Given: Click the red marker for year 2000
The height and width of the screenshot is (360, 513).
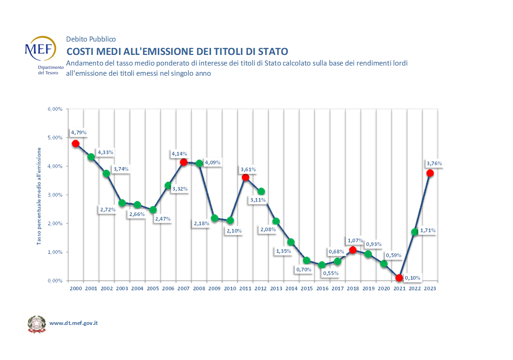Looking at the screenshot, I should pos(76,144).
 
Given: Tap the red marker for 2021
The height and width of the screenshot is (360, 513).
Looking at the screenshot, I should pos(399,278).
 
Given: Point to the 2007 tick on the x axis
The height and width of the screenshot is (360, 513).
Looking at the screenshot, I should pos(183,288).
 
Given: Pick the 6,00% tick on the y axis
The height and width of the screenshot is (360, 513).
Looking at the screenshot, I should pos(54,109).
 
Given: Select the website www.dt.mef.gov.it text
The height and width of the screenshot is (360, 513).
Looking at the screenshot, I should pos(73,323).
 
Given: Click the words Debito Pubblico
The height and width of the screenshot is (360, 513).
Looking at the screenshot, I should pos(91,39).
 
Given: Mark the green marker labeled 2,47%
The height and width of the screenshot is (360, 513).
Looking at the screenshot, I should pos(153,210).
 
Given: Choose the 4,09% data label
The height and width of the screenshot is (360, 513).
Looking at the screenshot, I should pos(212,162).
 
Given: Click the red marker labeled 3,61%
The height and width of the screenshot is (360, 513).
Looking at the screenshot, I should pos(246,177).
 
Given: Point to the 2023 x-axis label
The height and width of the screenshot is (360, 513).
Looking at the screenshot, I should pos(430,288).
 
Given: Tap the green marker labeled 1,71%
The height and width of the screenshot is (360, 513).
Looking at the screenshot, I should pos(415,232).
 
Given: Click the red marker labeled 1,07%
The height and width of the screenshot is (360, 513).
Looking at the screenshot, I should pos(353,250).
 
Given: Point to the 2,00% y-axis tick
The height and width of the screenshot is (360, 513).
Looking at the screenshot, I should pos(54,223).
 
